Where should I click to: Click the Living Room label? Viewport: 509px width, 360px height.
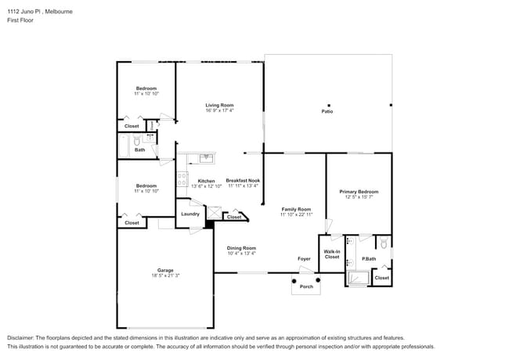[219, 105]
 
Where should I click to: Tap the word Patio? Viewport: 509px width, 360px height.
[327, 112]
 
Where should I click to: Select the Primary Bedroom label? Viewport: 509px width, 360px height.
[359, 192]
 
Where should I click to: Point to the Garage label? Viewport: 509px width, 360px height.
[164, 270]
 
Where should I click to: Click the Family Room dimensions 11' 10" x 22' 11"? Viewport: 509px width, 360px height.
[297, 214]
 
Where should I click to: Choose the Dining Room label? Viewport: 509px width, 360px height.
[241, 248]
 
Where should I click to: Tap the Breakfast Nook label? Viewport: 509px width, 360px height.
[243, 181]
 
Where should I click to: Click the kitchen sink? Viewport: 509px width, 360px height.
[207, 158]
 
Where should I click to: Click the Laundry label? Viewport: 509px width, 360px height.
[190, 214]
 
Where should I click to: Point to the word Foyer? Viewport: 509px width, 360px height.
[304, 259]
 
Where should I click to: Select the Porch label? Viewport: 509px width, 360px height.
[306, 286]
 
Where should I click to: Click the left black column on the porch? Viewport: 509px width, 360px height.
[294, 279]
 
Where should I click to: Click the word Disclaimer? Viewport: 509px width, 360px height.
[22, 337]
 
